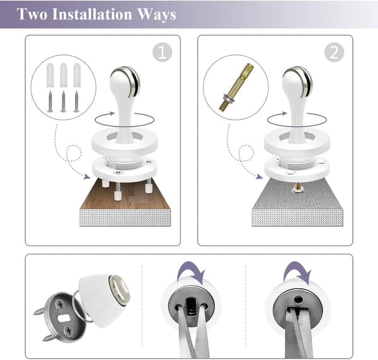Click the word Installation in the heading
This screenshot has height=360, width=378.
(x=93, y=14)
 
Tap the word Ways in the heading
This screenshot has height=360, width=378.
(x=157, y=14)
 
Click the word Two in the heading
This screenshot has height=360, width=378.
(x=32, y=14)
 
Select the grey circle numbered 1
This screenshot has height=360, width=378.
(x=163, y=52)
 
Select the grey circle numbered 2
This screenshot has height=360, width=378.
(x=334, y=52)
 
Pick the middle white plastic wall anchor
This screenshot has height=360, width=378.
(x=64, y=75)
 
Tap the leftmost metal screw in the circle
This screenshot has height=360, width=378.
(x=50, y=101)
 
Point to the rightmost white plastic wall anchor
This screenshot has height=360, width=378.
(x=77, y=75)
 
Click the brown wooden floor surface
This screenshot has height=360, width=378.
(x=125, y=196)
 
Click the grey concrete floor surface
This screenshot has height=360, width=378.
(x=297, y=196)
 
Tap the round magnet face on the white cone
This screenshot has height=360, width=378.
(x=119, y=291)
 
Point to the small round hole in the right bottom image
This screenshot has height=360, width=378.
(x=299, y=300)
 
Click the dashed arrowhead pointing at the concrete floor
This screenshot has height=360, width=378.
(x=260, y=176)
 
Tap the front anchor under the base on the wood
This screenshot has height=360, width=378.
(x=118, y=194)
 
